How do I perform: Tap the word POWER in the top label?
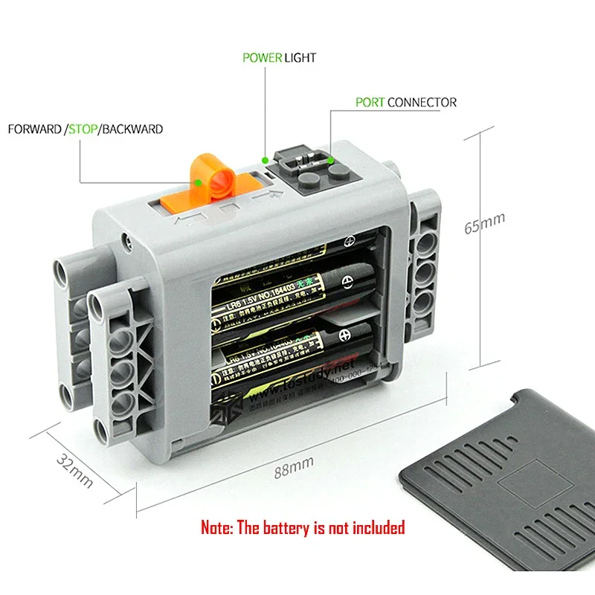[261, 57]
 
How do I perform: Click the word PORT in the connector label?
[370, 102]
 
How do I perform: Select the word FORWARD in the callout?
[34, 129]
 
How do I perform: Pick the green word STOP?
[82, 129]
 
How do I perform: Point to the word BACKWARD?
[132, 129]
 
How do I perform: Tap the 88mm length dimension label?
[292, 468]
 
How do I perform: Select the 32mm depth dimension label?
[74, 471]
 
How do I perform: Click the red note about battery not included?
[303, 528]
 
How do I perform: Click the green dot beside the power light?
[266, 158]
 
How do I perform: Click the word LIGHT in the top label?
[300, 57]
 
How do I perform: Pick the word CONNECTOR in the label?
[422, 102]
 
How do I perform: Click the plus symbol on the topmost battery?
[350, 242]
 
